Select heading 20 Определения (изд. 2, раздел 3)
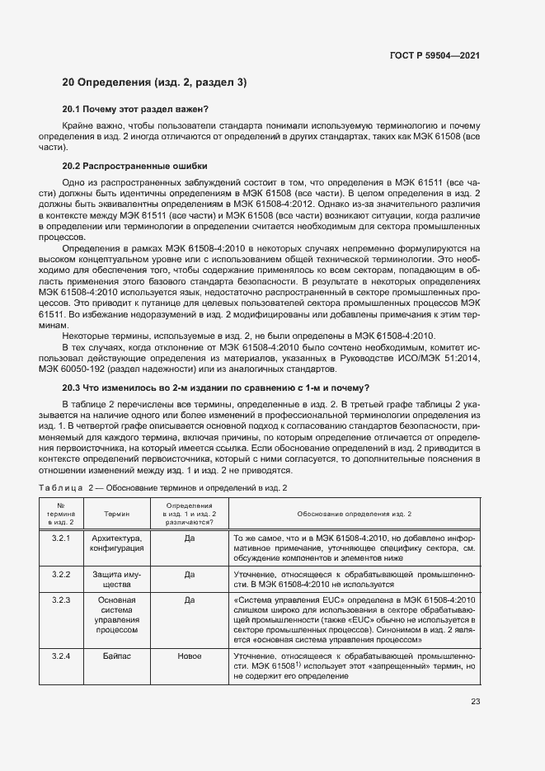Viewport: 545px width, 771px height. [153, 82]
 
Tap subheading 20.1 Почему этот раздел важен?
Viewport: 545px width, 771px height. [136, 109]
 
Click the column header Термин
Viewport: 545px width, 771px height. [116, 514]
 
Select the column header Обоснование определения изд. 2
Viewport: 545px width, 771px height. [354, 514]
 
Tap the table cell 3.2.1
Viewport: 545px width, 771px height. [62, 538]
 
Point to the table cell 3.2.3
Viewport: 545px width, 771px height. [62, 599]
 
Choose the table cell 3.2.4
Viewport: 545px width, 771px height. [62, 656]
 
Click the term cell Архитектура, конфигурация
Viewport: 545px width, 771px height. [116, 543]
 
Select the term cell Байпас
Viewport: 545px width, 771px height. [116, 656]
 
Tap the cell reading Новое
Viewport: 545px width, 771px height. [189, 656]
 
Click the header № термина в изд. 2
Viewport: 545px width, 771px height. [62, 514]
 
